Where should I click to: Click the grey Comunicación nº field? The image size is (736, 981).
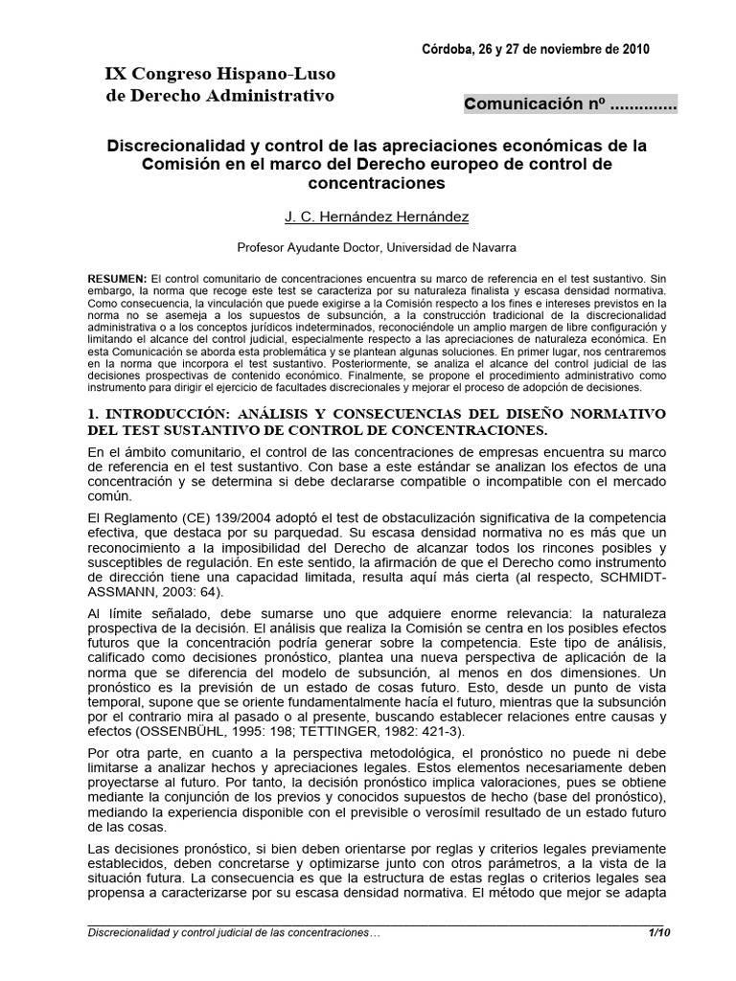(x=570, y=105)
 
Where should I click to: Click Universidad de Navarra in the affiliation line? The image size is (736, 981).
(x=461, y=246)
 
